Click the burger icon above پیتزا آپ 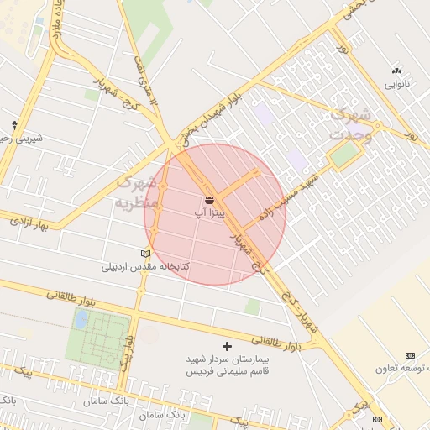(209, 200)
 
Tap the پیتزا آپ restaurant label (209, 214)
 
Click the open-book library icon (146, 253)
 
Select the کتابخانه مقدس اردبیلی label (146, 267)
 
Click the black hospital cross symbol (226, 345)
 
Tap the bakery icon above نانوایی (396, 71)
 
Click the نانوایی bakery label (396, 84)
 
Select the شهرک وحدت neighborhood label (350, 124)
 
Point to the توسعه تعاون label (407, 369)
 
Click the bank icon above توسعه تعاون (410, 356)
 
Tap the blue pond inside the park (81, 319)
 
